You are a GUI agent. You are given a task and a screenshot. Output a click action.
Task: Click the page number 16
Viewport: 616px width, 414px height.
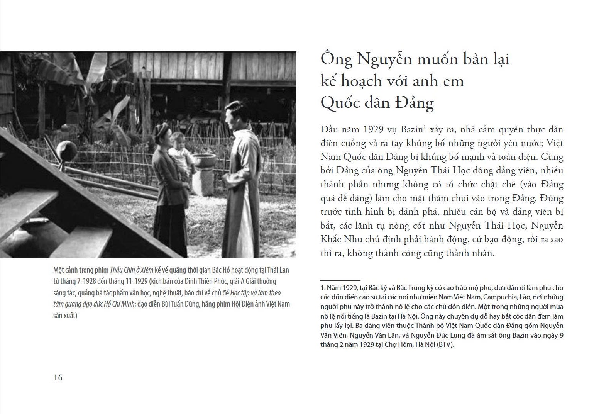pyautogui.click(x=58, y=377)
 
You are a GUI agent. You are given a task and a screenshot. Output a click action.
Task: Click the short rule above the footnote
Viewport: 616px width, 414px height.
pyautogui.click(x=340, y=280)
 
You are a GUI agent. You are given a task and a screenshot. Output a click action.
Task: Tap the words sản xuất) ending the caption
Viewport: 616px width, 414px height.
pyautogui.click(x=66, y=316)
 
